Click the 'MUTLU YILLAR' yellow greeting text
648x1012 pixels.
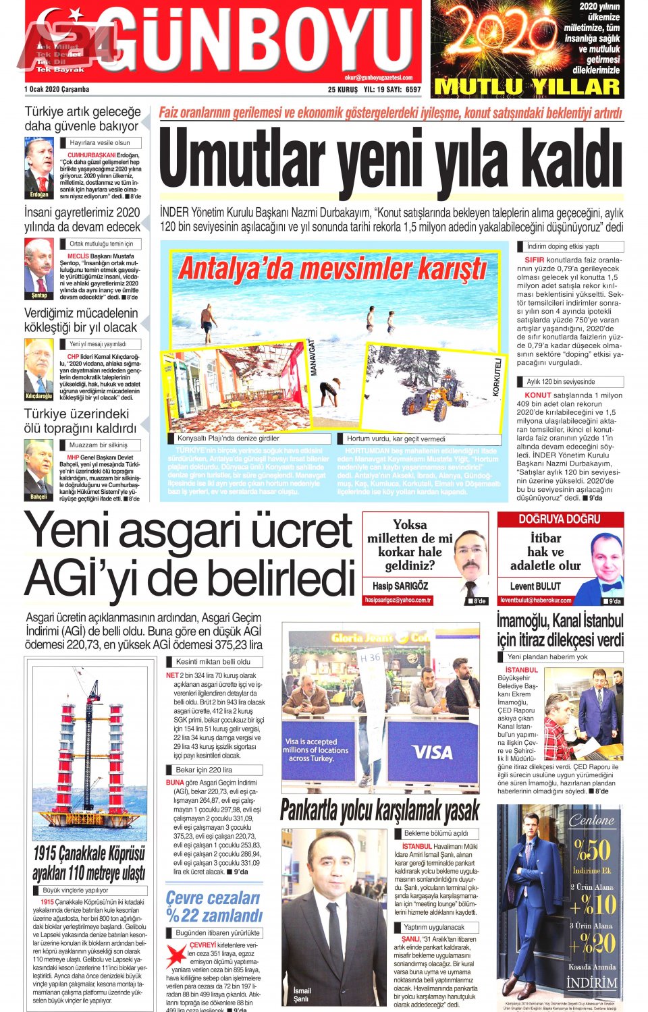[527, 87]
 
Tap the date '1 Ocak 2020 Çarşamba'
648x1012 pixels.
[57, 90]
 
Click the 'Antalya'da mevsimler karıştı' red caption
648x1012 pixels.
[333, 269]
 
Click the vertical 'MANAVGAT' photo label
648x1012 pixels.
[313, 358]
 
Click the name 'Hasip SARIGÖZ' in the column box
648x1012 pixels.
[400, 586]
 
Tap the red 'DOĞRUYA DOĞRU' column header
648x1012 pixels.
[560, 519]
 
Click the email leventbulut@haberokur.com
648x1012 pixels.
[535, 600]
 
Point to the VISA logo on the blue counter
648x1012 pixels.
[431, 752]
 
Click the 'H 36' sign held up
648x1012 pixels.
[370, 658]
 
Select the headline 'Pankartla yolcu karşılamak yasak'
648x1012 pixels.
[380, 809]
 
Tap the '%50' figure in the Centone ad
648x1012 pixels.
[591, 849]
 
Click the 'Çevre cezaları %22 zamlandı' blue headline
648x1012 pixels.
[213, 906]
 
